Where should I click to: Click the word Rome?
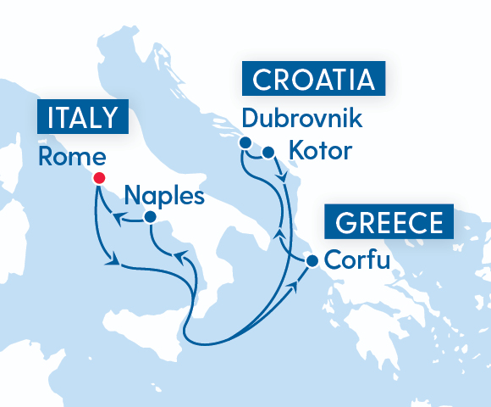coord(73,159)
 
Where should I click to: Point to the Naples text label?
coord(164,198)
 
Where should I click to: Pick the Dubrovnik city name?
coord(301,118)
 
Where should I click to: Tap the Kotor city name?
coord(319,153)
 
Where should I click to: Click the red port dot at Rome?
coord(99,178)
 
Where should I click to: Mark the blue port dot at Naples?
coord(150,217)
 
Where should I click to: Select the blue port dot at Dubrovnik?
coord(245,142)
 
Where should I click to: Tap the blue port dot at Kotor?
coord(268,153)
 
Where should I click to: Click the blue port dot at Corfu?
coord(312,261)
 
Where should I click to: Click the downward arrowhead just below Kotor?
coord(282,178)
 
